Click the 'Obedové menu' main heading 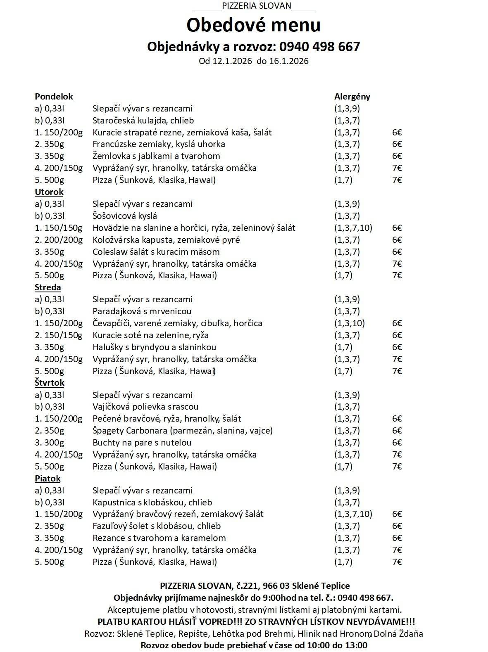(253, 25)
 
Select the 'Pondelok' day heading (54, 97)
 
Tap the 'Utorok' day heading (49, 192)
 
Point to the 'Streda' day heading (48, 287)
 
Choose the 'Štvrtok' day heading (50, 383)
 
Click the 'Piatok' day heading (48, 479)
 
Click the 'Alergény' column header (352, 97)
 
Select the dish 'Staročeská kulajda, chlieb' (143, 121)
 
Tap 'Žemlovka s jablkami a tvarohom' (156, 156)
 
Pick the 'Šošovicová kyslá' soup (125, 216)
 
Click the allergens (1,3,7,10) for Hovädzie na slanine (353, 228)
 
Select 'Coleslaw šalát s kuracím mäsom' (156, 252)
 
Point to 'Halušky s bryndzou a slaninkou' (154, 347)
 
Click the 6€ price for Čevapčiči (397, 323)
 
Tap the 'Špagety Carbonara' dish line (183, 431)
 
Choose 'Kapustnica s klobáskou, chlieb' (152, 503)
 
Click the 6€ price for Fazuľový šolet (397, 526)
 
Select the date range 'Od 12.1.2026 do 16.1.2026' (254, 61)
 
